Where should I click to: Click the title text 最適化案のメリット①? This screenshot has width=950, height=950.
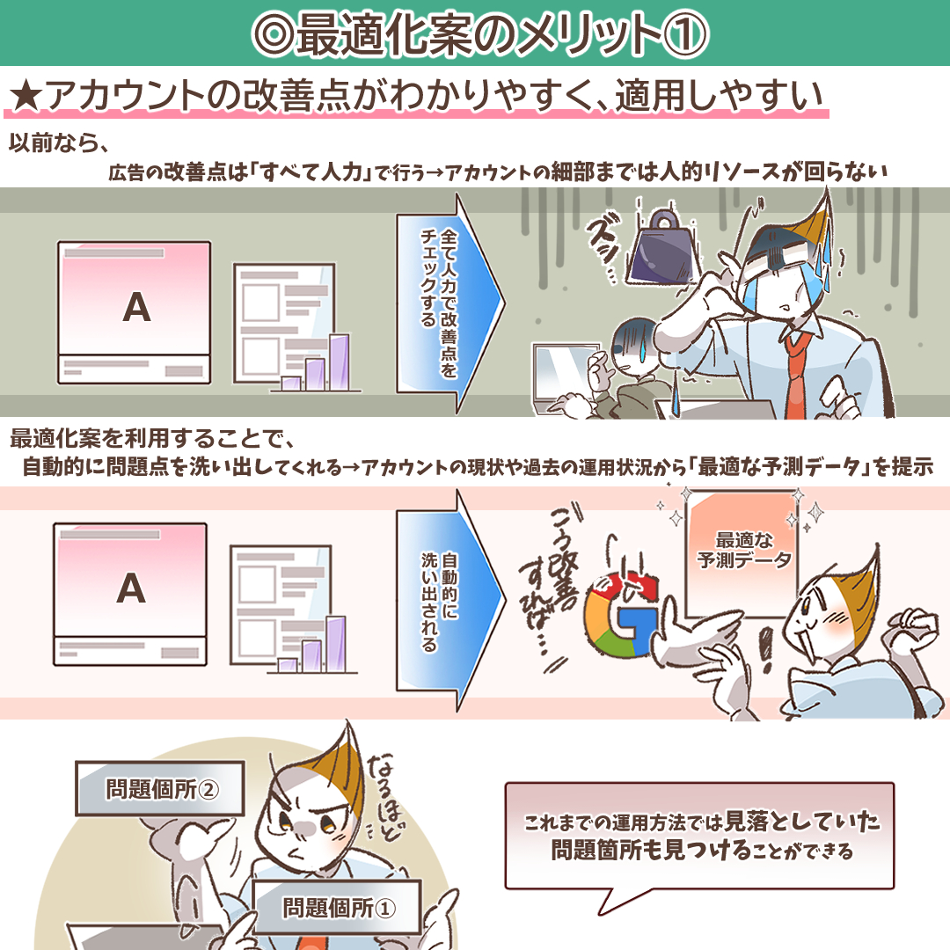tap(475, 34)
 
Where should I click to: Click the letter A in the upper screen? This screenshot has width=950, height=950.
tap(135, 306)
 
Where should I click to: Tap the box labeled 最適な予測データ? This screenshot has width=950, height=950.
tap(744, 549)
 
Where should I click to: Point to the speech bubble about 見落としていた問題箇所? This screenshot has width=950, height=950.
tap(699, 837)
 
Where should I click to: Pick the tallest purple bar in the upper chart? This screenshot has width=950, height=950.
tap(339, 361)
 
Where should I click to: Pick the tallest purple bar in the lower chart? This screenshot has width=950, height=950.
tap(336, 643)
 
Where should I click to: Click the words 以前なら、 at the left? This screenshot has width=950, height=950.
tap(56, 142)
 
